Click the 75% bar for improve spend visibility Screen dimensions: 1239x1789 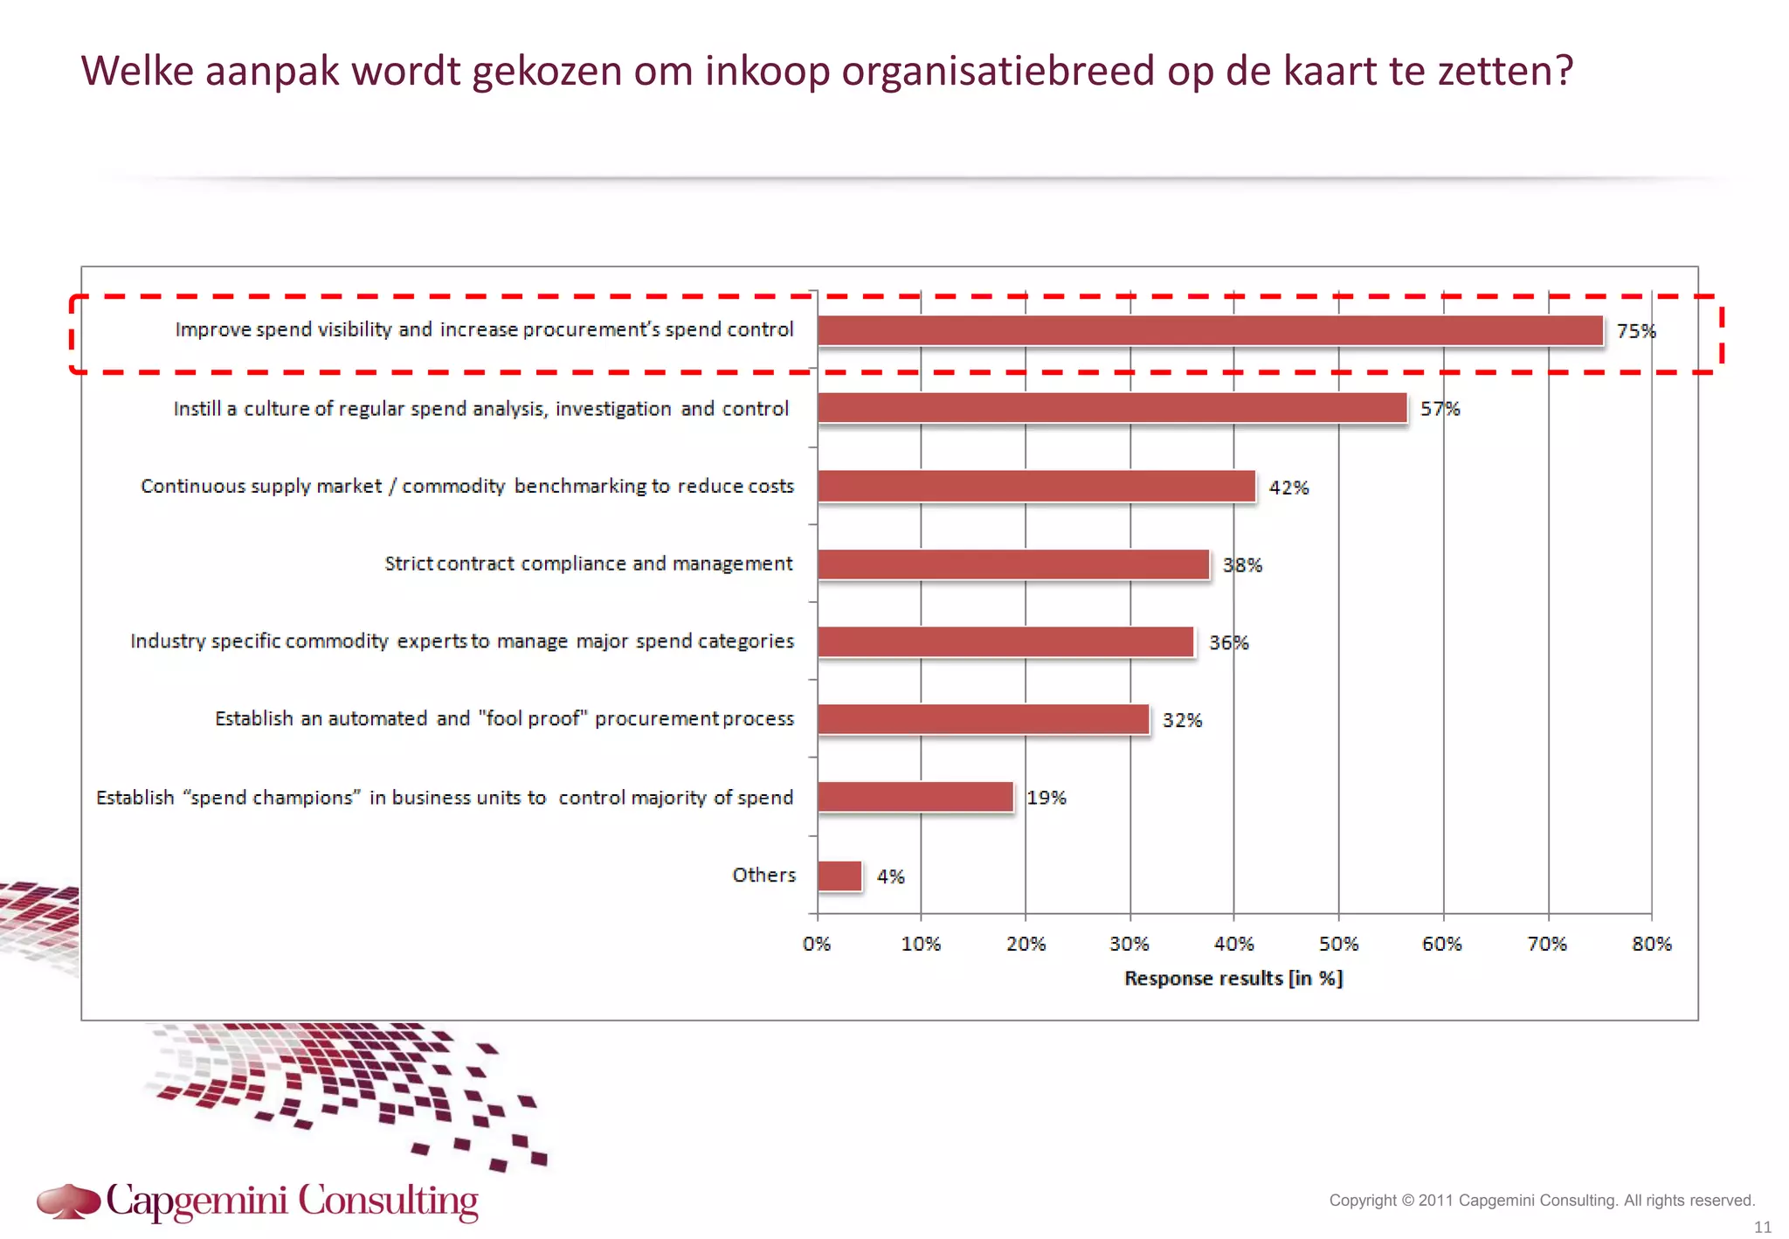click(1210, 331)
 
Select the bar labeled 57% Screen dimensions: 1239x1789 click(1112, 408)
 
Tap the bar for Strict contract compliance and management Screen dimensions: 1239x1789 click(1013, 564)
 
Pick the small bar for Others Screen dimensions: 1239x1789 click(839, 876)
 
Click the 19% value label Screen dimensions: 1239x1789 click(1046, 798)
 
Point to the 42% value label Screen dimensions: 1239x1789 click(1288, 488)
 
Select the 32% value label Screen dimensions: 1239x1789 click(1181, 720)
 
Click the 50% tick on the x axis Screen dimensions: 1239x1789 click(1338, 944)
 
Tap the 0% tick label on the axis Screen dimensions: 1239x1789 click(817, 944)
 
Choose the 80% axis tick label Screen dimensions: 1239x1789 click(1651, 944)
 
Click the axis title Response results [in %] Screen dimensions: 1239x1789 click(1233, 979)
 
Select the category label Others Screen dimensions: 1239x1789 click(763, 875)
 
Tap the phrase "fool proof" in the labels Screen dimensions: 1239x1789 click(533, 718)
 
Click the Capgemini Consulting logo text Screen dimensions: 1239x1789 click(292, 1201)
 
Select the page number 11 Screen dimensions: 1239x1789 click(1762, 1227)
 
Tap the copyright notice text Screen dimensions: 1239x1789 click(1541, 1201)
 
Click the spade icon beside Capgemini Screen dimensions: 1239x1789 click(68, 1201)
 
